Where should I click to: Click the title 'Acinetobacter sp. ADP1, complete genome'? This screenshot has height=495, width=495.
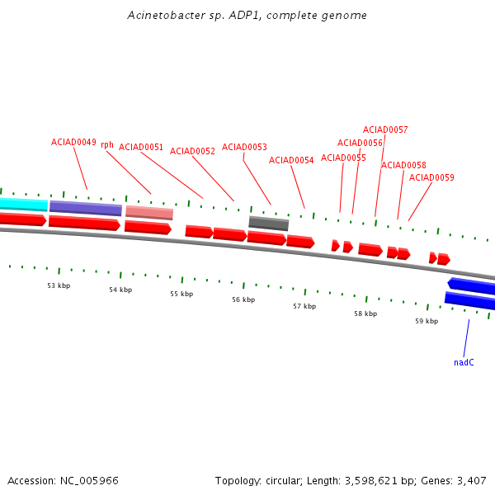(x=247, y=16)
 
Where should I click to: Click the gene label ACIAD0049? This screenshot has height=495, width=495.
(x=73, y=142)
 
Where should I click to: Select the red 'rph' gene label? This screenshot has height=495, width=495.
(x=107, y=145)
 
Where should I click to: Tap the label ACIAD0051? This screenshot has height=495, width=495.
(x=141, y=147)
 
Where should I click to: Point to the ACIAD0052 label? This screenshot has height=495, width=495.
(x=192, y=151)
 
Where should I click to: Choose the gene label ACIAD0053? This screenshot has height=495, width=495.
(x=244, y=147)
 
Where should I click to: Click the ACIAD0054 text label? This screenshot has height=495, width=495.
(x=291, y=160)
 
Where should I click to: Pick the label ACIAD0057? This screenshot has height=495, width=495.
(x=385, y=130)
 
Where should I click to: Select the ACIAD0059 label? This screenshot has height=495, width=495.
(x=431, y=177)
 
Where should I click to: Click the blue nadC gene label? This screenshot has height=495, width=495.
(x=464, y=362)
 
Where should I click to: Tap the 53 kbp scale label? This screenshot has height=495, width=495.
(x=59, y=285)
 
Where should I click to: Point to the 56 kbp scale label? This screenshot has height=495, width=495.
(x=243, y=299)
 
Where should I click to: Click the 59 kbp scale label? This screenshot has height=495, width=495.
(x=427, y=321)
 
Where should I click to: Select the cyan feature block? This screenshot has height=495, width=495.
(x=23, y=204)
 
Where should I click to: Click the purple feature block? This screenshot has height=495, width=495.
(x=86, y=208)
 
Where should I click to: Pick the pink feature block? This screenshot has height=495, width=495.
(x=149, y=213)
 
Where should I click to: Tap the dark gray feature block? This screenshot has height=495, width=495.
(x=269, y=224)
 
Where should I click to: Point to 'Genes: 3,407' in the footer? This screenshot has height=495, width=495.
(x=458, y=480)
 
